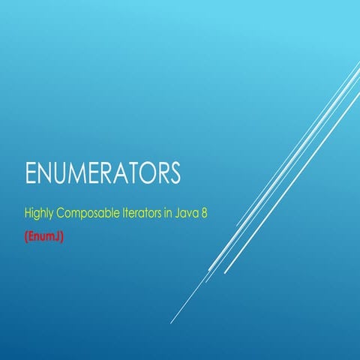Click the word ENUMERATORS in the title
coord(103,173)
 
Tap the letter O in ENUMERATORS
coord(149,173)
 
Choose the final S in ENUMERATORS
coord(174,173)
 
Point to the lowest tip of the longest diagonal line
coord(171,323)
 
